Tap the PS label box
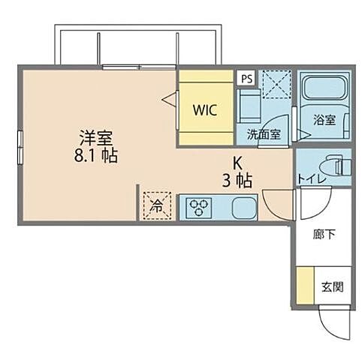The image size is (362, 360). pos(246,77)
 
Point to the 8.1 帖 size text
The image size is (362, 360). pos(95,157)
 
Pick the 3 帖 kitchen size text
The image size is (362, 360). pos(237,181)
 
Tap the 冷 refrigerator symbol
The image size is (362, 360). pos(157,204)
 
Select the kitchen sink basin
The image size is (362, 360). pos(245,205)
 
